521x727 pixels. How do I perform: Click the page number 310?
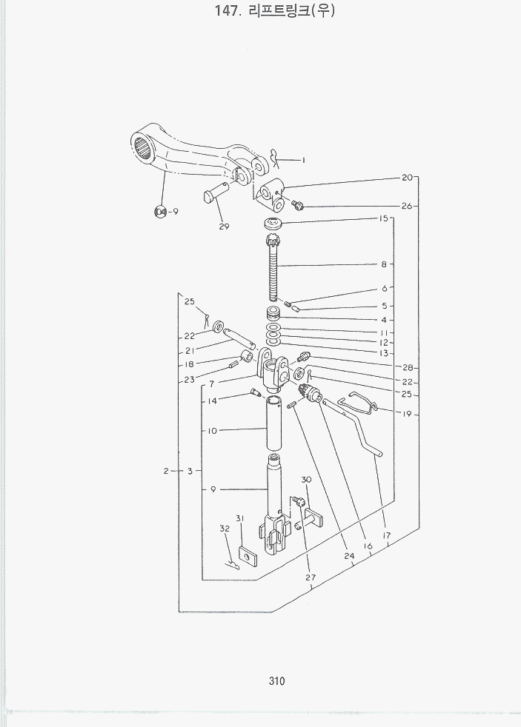point(278,682)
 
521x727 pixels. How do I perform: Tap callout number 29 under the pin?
point(224,227)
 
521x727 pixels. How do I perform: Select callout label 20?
point(407,178)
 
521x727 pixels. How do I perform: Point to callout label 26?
point(407,206)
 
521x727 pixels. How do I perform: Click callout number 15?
point(384,219)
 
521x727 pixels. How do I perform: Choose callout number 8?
point(385,264)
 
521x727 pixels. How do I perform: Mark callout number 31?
point(240,517)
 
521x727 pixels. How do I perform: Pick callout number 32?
point(225,529)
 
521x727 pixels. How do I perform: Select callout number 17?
point(386,535)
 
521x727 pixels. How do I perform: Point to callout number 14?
point(213,401)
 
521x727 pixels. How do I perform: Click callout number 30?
point(306,480)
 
